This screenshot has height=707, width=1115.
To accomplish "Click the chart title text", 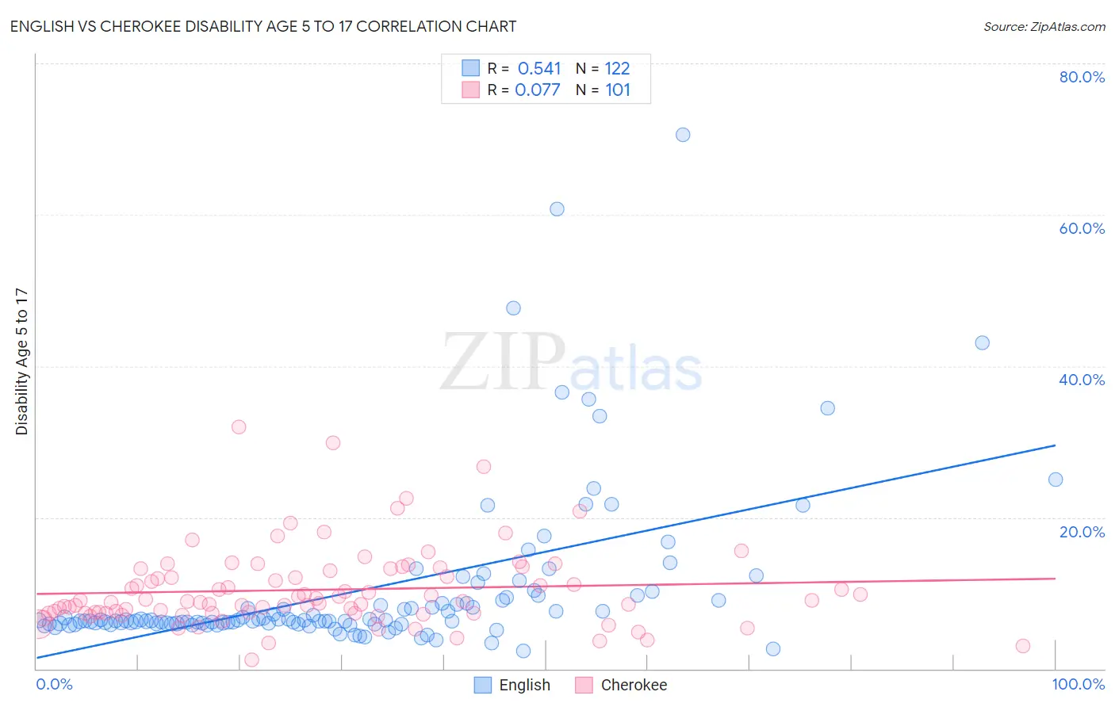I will (262, 26).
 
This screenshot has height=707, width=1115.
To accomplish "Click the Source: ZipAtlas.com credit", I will (1044, 26).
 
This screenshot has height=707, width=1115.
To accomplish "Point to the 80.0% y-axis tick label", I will (1082, 77).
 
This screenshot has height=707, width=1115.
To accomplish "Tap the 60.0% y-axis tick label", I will (1082, 228).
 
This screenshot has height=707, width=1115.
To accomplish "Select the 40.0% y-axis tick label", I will (1082, 380).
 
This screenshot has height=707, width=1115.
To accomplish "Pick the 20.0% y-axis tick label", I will (1082, 532).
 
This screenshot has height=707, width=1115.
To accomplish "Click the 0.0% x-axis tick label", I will (54, 684).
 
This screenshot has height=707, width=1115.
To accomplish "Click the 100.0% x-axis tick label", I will (1078, 684).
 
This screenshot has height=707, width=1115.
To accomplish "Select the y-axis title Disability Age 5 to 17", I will (22, 361).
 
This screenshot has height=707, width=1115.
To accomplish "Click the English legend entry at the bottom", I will (523, 686).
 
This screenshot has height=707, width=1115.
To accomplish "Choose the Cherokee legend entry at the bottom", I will (633, 686).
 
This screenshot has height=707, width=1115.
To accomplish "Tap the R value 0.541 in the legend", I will (538, 69).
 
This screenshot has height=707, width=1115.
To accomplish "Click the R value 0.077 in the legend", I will (537, 90).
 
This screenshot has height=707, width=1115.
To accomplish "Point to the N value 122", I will (617, 69).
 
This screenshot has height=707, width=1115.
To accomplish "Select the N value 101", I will (618, 90).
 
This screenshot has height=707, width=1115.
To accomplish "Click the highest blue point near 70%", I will (683, 135).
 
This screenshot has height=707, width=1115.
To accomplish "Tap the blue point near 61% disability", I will (557, 209).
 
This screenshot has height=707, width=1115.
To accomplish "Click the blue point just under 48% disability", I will (514, 308).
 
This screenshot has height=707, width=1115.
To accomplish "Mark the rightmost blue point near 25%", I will (1056, 480).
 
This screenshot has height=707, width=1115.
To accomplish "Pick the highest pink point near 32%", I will (239, 427).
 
